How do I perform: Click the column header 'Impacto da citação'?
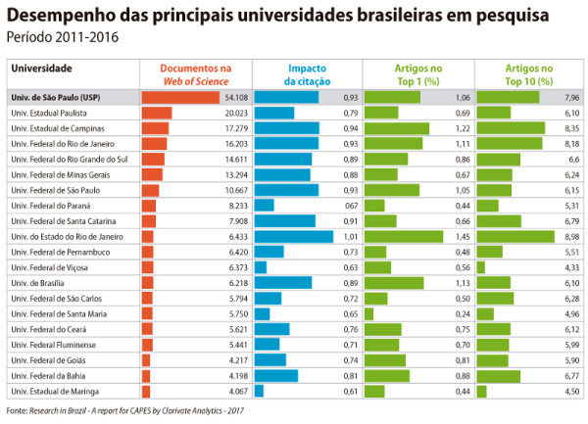tap(307, 75)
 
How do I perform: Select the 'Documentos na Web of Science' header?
tap(196, 75)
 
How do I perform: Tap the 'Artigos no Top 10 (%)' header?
tap(528, 75)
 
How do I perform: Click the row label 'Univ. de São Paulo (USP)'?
tap(55, 98)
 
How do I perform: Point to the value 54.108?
tap(235, 98)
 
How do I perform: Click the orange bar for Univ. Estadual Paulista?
tap(157, 114)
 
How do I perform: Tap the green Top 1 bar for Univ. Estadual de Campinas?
tap(397, 128)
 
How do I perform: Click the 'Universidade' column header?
tap(41, 69)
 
